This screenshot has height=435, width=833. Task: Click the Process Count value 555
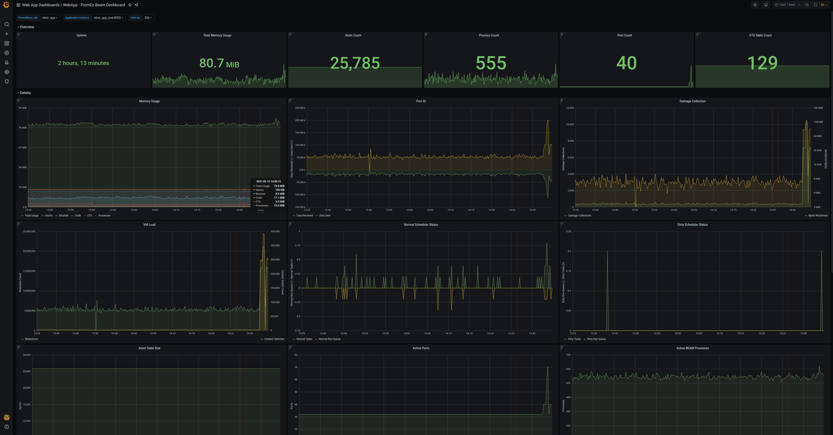[x=490, y=63]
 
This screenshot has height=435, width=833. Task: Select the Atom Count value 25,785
[x=355, y=63]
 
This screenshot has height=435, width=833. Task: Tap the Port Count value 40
[x=626, y=63]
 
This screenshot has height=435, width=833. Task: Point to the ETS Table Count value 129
[x=762, y=63]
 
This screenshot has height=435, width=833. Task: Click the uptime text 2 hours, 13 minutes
[x=84, y=63]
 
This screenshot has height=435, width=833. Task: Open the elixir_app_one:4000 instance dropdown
[x=108, y=18]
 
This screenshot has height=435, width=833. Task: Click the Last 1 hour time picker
[x=787, y=5]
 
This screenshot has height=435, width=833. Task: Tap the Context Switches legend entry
[x=274, y=339]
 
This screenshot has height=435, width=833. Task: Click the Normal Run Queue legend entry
[x=329, y=339]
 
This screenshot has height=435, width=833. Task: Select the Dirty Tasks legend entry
[x=574, y=339]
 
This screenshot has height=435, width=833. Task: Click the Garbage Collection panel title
[x=692, y=101]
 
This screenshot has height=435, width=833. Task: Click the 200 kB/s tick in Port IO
[x=300, y=120]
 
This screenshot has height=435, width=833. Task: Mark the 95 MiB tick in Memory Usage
[x=22, y=108]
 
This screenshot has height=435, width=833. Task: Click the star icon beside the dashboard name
[x=130, y=5]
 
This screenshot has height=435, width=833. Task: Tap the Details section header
[x=25, y=93]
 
